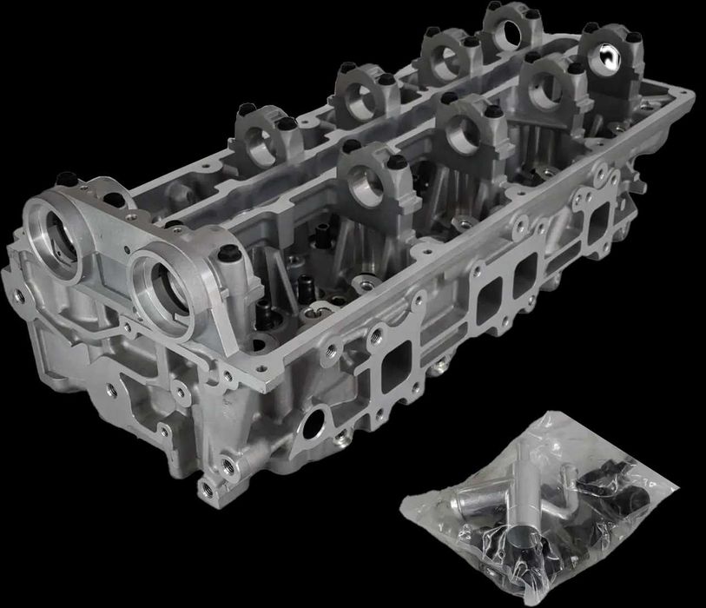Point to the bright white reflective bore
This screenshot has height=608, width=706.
coord(606,60)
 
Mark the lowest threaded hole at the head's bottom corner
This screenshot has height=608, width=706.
coord(206,489)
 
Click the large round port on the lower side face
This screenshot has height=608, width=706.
coord(315,425)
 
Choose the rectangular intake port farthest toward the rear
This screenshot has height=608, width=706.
coord(600,224)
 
